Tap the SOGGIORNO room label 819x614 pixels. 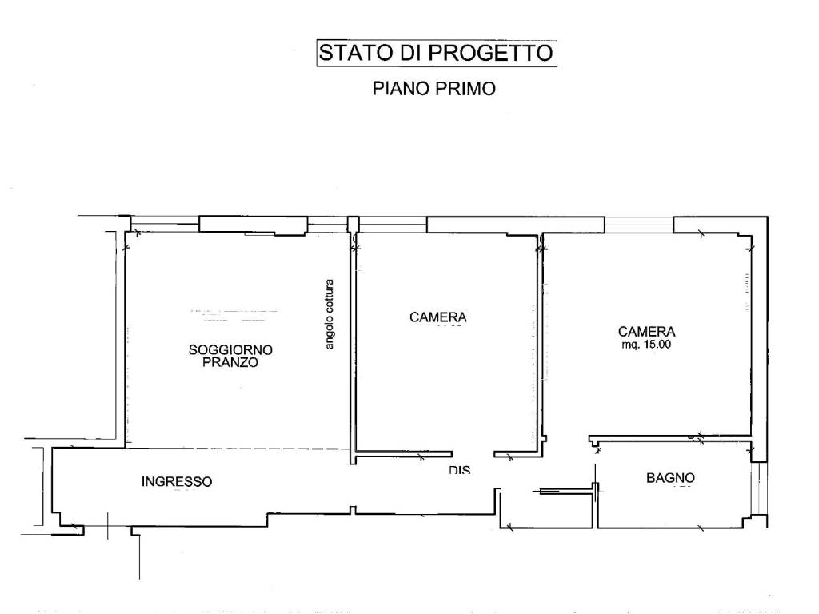tap(230, 349)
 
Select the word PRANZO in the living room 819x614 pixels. tap(230, 362)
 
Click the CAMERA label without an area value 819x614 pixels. tap(437, 317)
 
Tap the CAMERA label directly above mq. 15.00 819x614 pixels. tap(646, 331)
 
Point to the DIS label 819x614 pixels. tap(459, 471)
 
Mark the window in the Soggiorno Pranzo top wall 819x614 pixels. tap(253, 225)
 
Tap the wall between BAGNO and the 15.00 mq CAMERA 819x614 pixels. tap(672, 441)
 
